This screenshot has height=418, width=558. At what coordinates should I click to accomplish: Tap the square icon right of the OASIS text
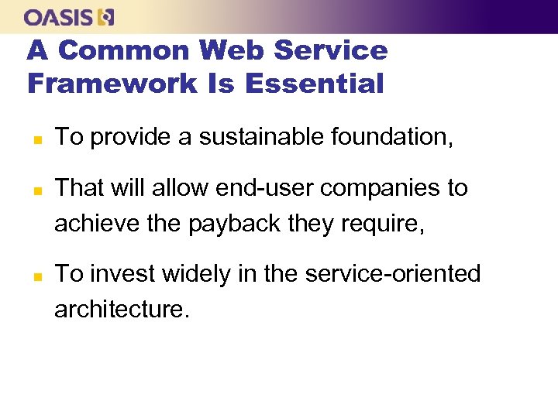click(107, 17)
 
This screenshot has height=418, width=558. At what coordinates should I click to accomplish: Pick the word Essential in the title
click(314, 83)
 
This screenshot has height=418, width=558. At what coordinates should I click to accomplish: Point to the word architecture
click(120, 309)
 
